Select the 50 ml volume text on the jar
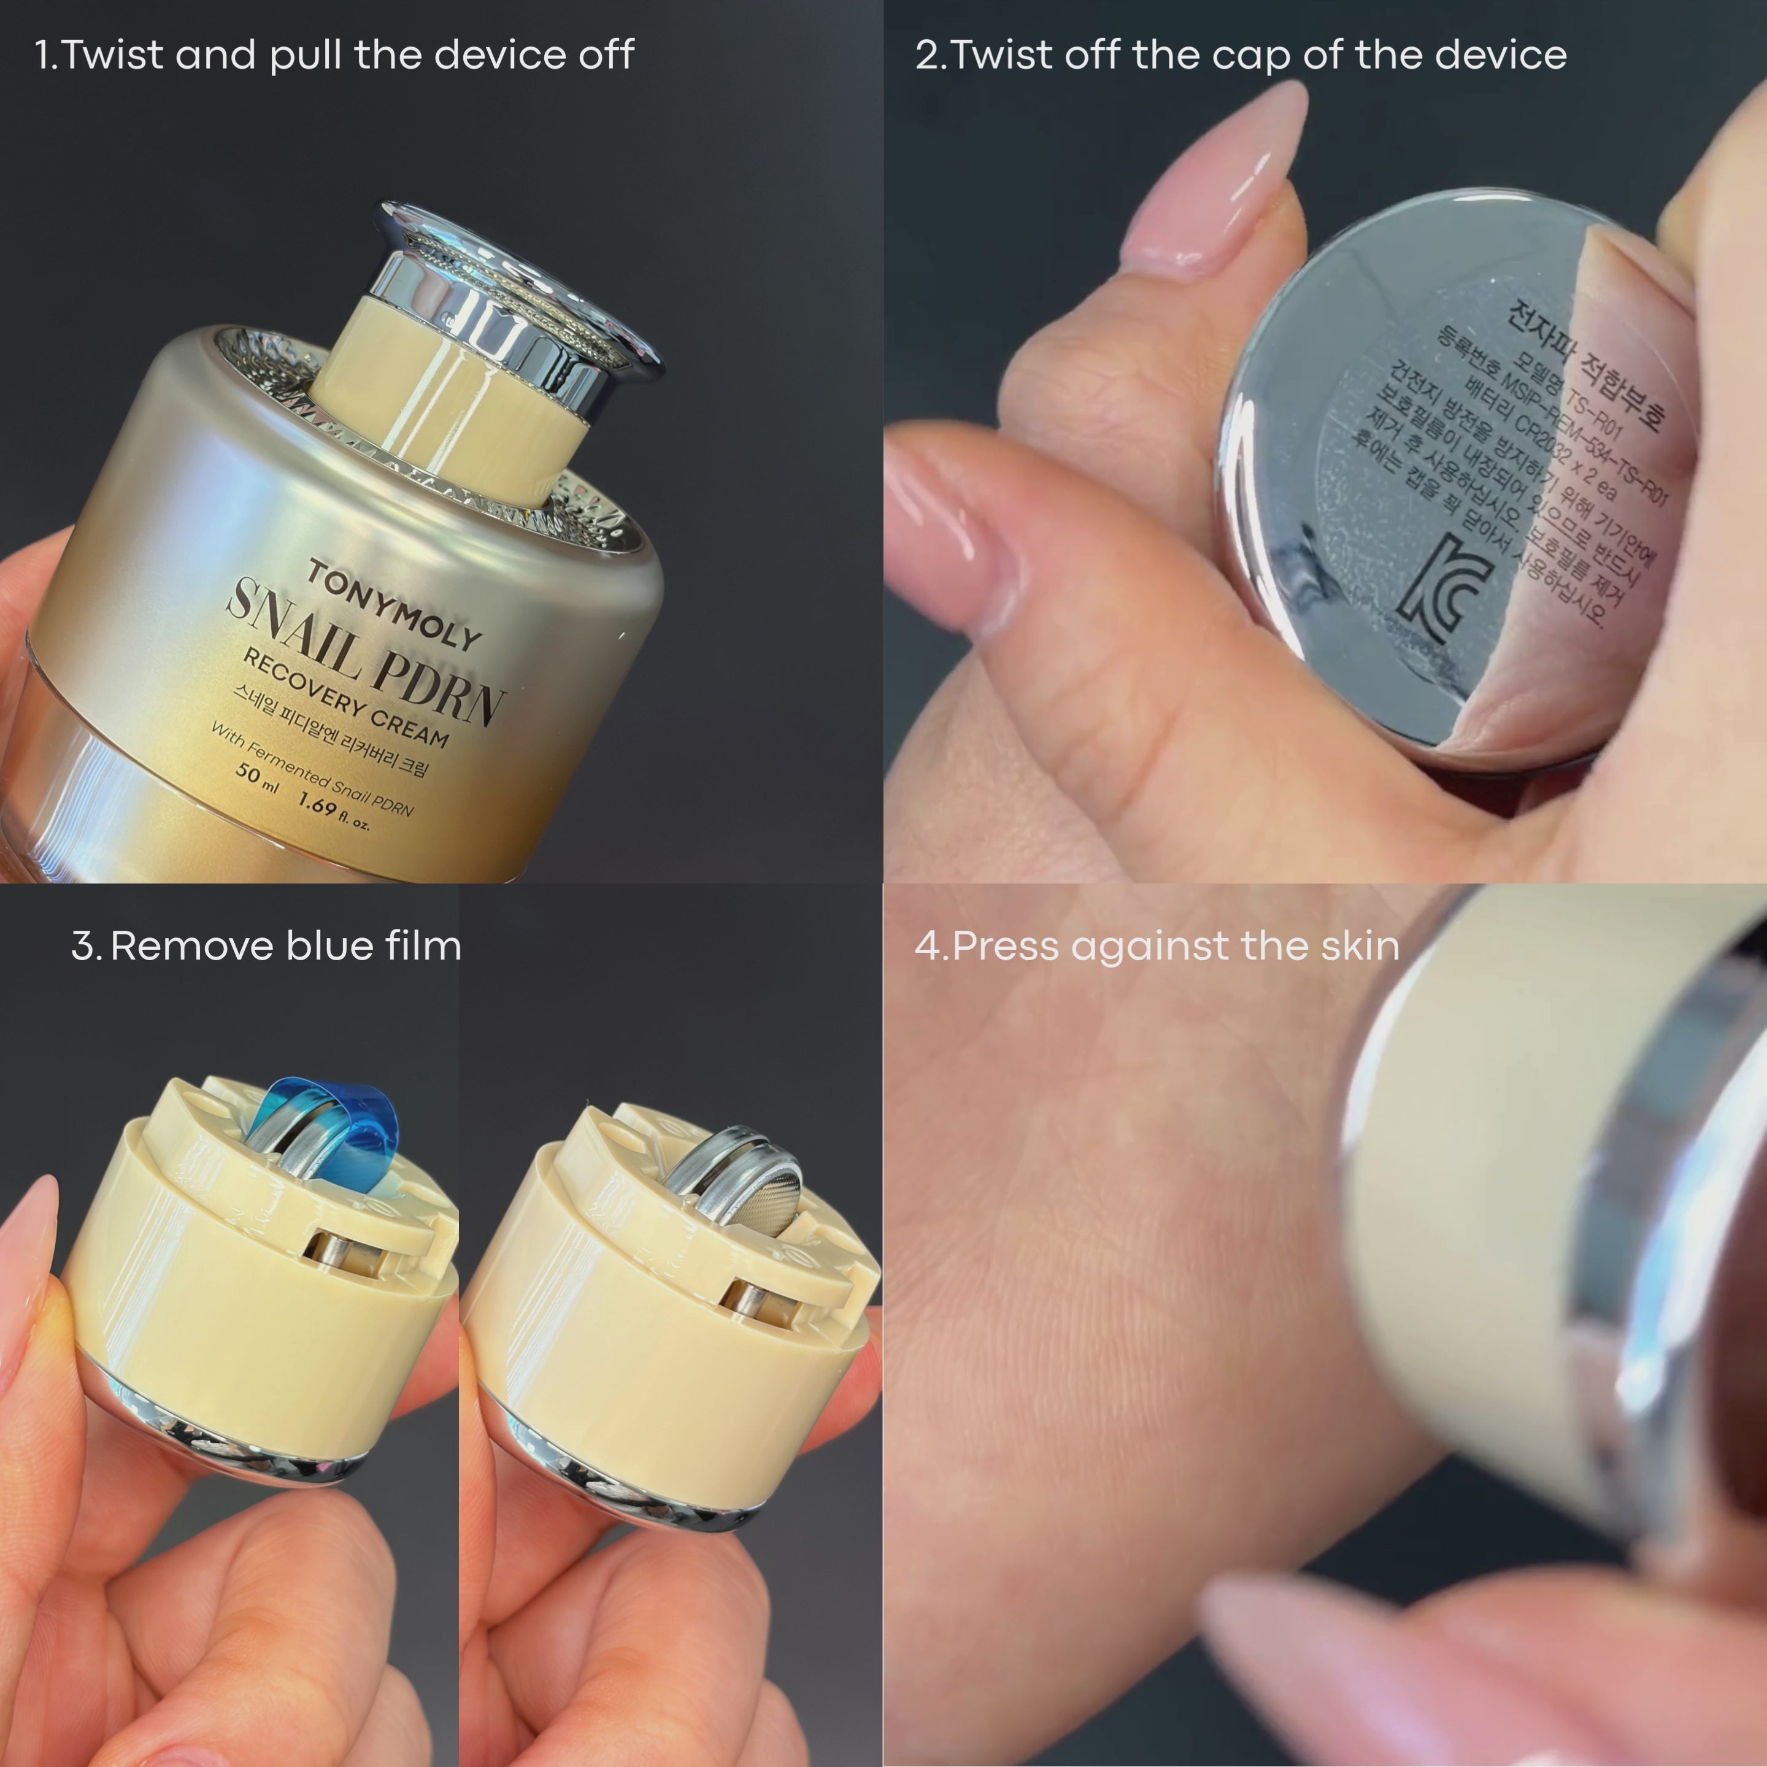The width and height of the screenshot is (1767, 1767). point(255,777)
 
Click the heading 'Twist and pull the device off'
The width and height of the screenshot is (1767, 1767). point(347,55)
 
